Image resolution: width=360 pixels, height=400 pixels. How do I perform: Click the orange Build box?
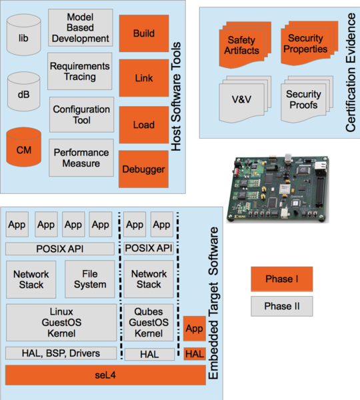[x=143, y=34]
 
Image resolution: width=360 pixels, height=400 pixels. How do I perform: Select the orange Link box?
[x=143, y=79]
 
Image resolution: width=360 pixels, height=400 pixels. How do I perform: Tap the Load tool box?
[x=143, y=125]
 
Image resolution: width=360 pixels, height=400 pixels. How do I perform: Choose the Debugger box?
[x=143, y=169]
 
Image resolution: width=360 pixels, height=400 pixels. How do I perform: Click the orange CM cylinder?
[x=24, y=151]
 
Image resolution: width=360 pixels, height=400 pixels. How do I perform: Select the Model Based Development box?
[x=81, y=27]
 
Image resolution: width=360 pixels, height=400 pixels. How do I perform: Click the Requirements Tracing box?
[x=81, y=72]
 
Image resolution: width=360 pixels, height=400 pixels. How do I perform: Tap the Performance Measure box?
[x=81, y=158]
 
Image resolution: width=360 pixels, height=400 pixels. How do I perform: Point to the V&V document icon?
[x=240, y=101]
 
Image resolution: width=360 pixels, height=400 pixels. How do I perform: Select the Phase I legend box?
[x=281, y=279]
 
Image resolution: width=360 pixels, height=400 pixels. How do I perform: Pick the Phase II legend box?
[x=281, y=306]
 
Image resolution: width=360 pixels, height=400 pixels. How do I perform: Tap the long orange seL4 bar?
[x=105, y=375]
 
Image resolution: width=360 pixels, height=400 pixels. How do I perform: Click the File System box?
[x=90, y=279]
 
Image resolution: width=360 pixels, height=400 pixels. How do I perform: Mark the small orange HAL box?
[x=194, y=354]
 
